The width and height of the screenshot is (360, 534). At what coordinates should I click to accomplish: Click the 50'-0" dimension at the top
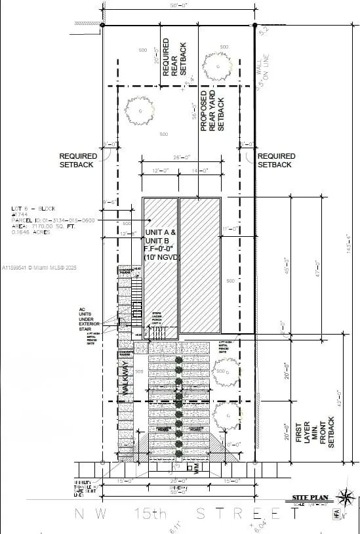(178, 6)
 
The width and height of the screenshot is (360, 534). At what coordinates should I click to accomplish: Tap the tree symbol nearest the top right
(216, 66)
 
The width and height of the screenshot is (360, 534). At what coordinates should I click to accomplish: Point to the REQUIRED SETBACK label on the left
(79, 161)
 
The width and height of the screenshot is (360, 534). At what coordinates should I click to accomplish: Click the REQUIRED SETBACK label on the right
(276, 161)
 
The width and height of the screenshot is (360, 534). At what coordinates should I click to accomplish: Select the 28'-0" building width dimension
(182, 157)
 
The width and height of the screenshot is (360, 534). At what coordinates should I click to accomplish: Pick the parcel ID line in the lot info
(52, 220)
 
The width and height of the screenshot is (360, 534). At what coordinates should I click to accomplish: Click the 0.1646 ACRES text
(29, 232)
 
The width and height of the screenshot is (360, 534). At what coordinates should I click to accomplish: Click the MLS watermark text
(39, 268)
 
